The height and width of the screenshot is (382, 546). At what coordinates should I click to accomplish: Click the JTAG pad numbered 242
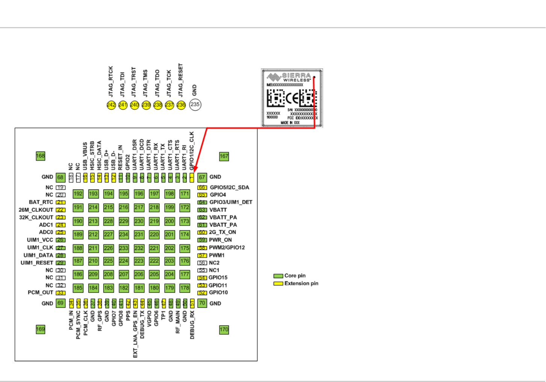pos(111,105)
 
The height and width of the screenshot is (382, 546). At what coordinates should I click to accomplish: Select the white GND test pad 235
pos(195,105)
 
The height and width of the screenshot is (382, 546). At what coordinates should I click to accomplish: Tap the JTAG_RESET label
pos(180,80)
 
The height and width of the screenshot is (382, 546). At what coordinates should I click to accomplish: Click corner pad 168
pos(40,156)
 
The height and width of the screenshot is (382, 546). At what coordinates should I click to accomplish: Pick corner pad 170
pos(224,330)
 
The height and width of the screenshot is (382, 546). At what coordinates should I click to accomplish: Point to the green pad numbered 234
pos(124,235)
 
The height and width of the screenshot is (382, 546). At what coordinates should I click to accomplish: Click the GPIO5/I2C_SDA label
pos(229,187)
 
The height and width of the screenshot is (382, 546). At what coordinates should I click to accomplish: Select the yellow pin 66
pos(202,187)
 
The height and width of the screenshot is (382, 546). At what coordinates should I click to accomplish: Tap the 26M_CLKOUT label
pos(36,210)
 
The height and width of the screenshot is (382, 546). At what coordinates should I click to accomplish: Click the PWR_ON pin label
pos(220,240)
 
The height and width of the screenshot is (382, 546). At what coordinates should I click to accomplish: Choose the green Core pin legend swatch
pos(278,276)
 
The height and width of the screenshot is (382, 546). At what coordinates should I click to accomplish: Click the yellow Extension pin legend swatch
pos(278,283)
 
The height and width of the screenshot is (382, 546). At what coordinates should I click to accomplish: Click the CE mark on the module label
pos(292,99)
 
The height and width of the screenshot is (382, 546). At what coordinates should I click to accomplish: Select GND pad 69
pos(60,303)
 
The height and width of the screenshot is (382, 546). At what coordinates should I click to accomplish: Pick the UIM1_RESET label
pos(37,263)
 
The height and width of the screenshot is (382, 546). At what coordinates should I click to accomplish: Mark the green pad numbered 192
pos(78,194)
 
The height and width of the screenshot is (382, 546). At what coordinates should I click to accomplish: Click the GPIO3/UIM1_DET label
pos(231,202)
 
